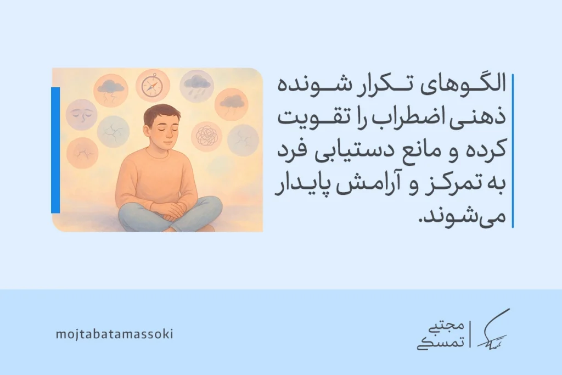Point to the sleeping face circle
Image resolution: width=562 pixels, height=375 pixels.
point(82,114)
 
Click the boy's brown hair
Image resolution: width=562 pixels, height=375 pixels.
point(161,114)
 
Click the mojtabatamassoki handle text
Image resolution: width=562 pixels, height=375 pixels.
point(114,334)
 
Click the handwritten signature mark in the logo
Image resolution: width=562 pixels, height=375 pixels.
point(492,331)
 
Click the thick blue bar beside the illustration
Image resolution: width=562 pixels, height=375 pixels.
point(55,150)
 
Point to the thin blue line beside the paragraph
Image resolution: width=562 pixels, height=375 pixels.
point(512,150)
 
